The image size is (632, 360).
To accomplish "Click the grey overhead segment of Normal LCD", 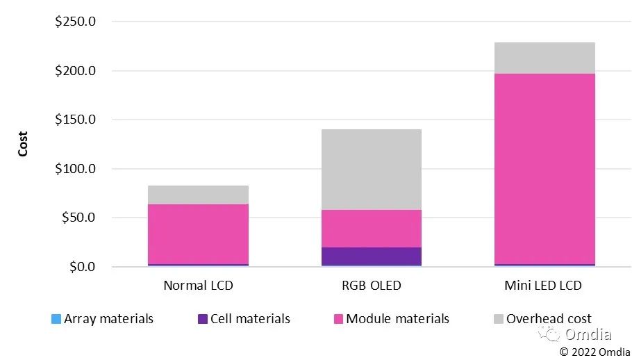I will [198, 195].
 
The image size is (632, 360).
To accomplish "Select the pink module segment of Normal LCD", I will [198, 234].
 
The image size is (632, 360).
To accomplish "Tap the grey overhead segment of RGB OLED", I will [371, 170].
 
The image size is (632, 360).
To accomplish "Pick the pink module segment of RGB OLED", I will [371, 229].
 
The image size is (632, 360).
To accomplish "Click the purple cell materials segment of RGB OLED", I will [371, 256].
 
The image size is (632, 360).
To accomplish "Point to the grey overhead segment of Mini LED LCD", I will [544, 58].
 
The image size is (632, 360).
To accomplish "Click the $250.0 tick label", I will [75, 22].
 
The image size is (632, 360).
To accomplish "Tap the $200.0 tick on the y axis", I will [75, 71].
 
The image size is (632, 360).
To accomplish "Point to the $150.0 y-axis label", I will [75, 120].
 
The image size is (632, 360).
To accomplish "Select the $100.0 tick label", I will [75, 169].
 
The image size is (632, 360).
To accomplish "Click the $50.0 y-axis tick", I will [78, 218].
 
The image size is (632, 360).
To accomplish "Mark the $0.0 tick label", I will [81, 267].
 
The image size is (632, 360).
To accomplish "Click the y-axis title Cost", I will [23, 144].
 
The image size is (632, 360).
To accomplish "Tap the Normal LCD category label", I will [198, 286].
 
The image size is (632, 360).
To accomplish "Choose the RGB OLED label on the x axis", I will [371, 286].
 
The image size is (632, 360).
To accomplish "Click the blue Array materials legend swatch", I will [56, 320].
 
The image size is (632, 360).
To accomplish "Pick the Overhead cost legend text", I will [549, 319].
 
